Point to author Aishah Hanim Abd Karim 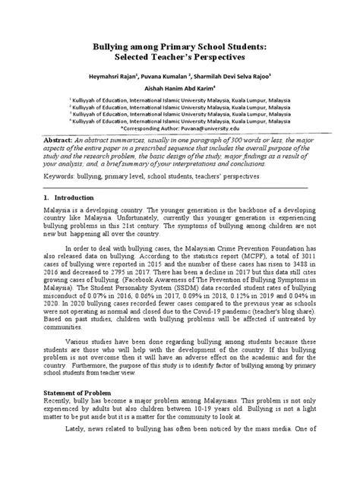coord(178,88)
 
